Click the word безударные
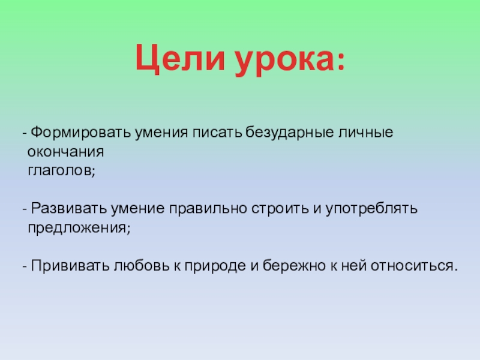287,131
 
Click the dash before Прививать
23,266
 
